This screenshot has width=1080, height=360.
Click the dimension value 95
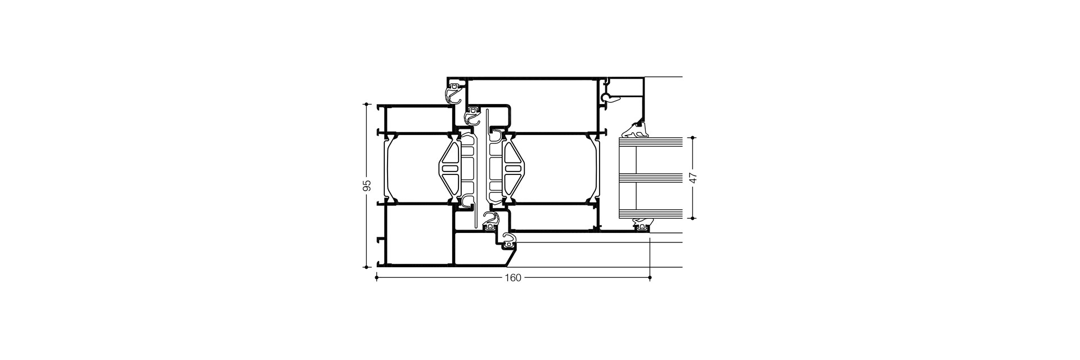(x=366, y=186)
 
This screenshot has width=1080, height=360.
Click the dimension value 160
(x=512, y=277)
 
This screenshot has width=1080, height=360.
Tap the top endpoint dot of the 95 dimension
(x=366, y=104)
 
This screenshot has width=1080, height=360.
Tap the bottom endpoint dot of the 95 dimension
(x=366, y=267)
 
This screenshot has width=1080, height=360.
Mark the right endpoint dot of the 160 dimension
(x=650, y=277)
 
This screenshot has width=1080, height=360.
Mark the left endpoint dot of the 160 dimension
(x=376, y=277)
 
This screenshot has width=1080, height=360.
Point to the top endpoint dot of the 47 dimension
(x=693, y=137)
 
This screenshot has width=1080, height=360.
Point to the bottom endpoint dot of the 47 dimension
(x=693, y=218)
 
